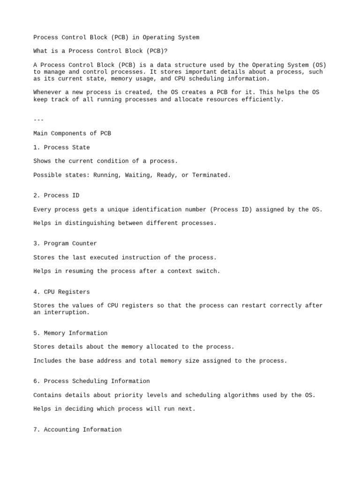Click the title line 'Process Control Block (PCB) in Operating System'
116,37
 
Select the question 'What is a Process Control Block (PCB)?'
100,51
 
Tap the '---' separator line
38,120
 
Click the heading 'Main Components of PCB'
72,134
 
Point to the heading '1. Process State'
61,148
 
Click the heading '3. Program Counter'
65,244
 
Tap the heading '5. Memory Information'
70,333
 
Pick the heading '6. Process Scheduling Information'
91,382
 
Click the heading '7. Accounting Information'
77,430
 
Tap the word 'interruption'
65,313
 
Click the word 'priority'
128,395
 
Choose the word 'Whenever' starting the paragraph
47,92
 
